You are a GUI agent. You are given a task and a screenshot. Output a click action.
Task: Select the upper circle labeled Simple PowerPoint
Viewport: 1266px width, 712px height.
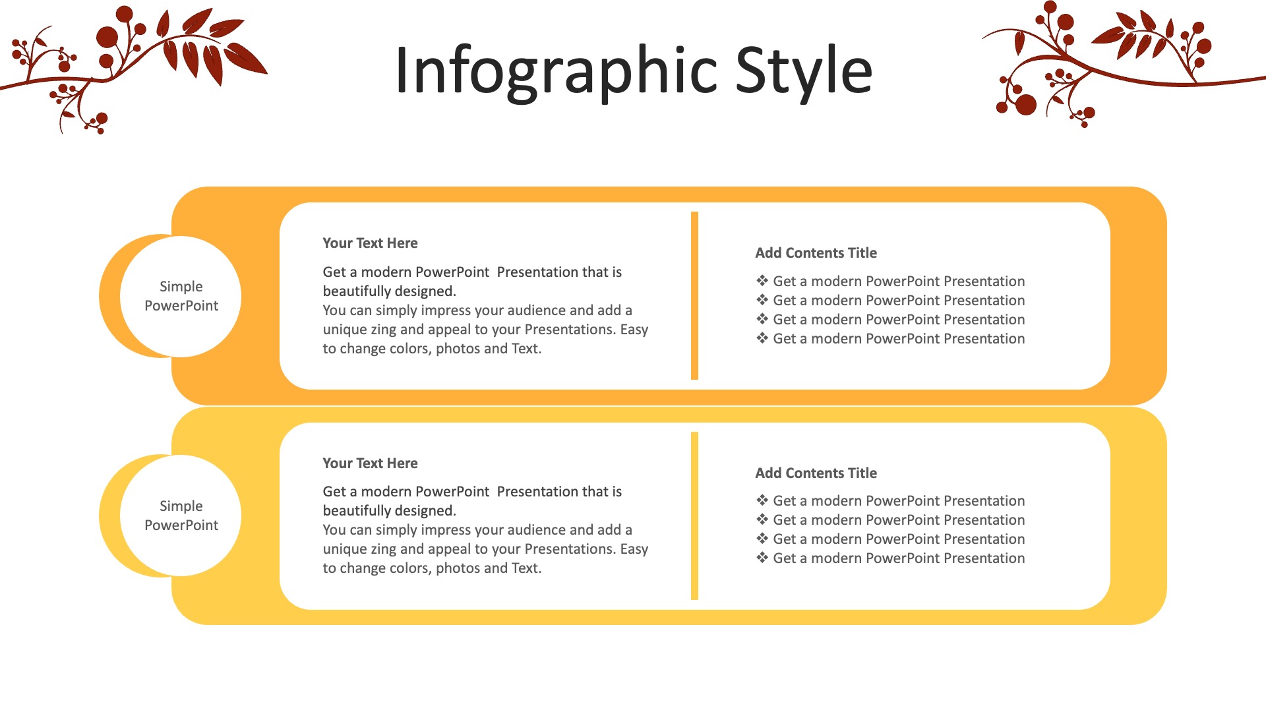181,296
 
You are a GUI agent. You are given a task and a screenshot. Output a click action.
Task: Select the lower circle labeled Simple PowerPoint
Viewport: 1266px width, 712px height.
181,516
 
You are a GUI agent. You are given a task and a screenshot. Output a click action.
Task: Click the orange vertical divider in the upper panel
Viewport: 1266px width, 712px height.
694,295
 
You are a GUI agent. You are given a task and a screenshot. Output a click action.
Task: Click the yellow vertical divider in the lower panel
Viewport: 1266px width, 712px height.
694,516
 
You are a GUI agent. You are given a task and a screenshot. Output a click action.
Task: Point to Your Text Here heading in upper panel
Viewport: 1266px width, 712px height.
370,243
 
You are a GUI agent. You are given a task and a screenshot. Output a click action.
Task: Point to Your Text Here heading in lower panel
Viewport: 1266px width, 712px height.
370,463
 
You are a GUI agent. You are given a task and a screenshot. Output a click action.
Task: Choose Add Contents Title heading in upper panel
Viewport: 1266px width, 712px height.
816,253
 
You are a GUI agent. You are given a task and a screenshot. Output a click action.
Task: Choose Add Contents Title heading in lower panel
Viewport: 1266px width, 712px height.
816,473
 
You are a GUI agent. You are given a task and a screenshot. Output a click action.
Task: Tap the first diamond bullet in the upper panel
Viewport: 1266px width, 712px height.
762,281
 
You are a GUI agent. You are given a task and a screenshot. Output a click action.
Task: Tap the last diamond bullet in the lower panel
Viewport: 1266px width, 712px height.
762,558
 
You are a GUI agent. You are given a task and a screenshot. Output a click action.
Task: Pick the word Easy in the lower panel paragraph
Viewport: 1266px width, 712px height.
634,550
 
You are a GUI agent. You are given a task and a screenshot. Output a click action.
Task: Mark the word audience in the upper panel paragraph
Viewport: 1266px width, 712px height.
535,311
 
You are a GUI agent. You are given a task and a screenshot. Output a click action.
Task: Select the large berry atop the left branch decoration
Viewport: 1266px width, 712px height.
107,37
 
